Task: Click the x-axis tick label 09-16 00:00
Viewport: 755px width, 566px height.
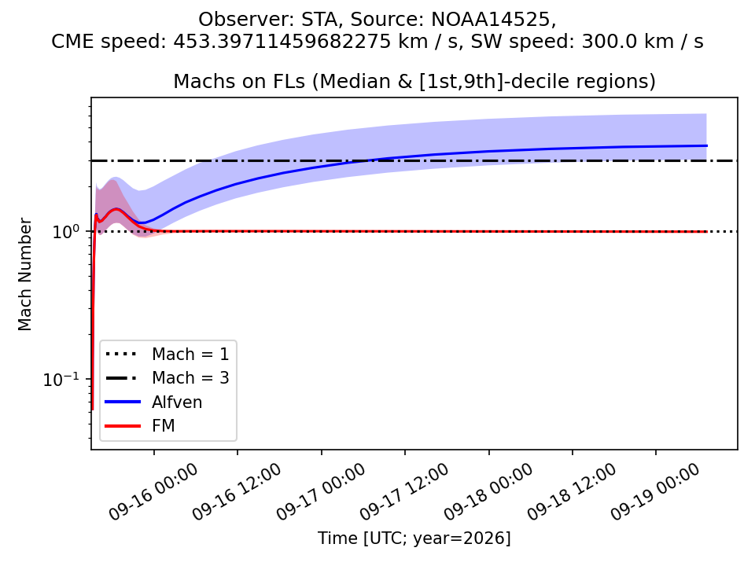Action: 153,491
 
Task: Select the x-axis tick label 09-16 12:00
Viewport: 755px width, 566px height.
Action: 237,491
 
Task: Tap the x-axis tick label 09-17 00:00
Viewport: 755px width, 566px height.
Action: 321,491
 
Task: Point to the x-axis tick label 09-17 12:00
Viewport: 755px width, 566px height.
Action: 404,491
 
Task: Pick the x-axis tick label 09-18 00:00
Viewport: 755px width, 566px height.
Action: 488,491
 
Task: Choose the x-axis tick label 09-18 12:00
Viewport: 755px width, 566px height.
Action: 572,491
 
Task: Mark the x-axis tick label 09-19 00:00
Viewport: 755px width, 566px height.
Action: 655,491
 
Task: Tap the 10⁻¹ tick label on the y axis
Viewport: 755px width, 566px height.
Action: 61,379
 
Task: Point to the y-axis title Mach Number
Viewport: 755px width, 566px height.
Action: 24,274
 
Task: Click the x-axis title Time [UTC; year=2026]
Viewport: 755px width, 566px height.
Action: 414,538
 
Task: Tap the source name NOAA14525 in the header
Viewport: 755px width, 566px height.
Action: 490,19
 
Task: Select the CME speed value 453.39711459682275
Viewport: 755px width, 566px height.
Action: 282,42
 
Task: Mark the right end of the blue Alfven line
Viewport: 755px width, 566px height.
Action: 707,145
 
